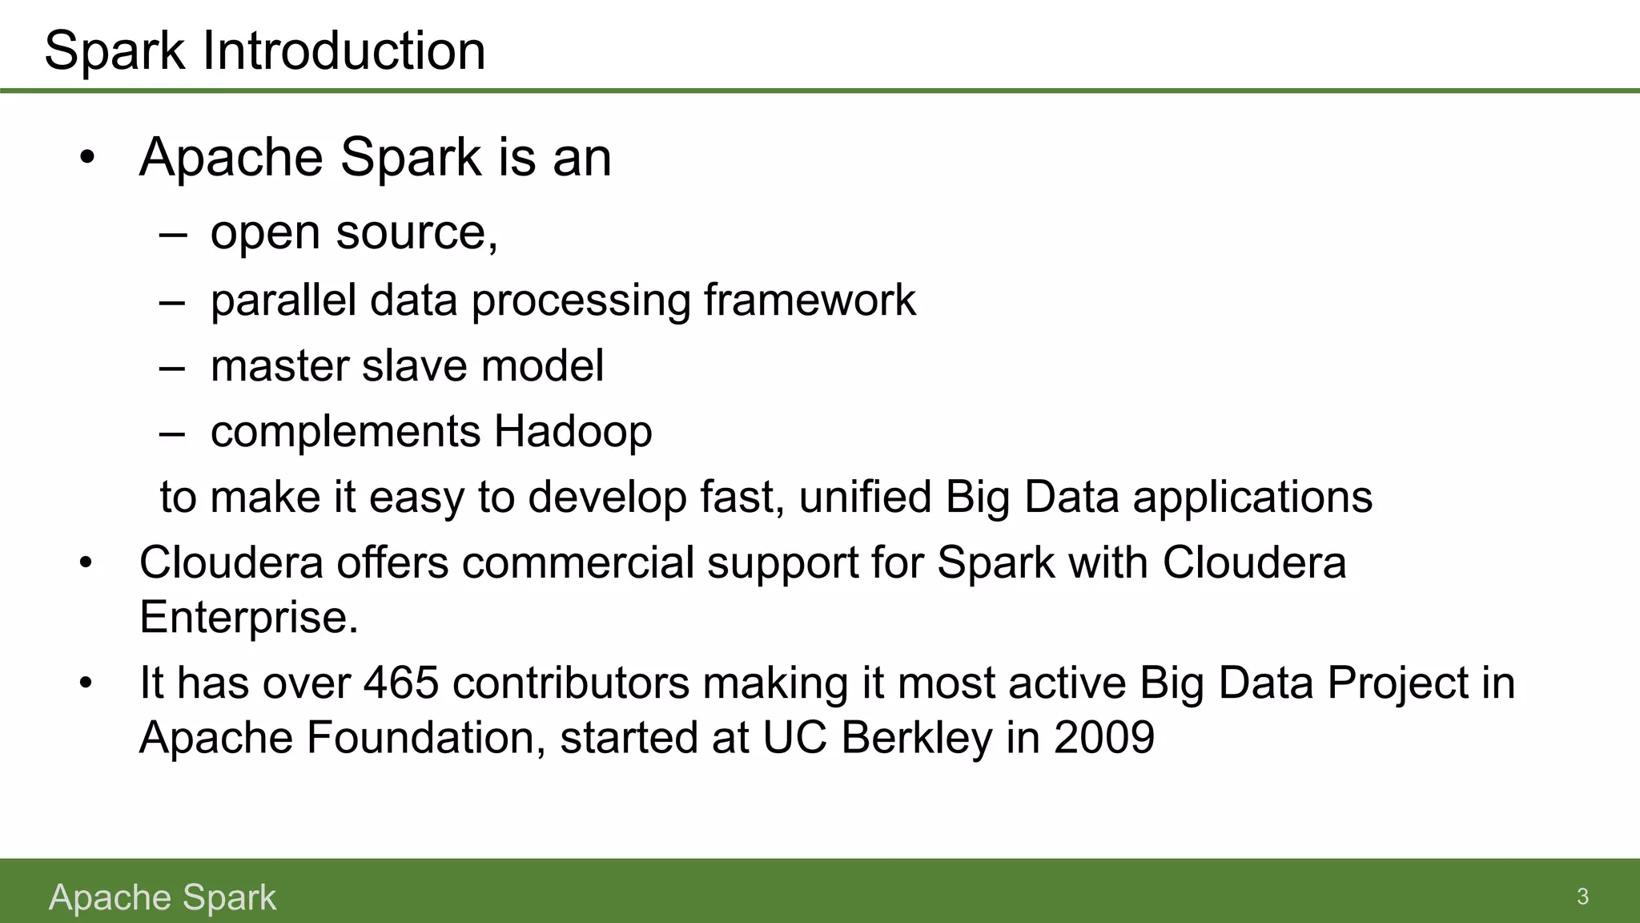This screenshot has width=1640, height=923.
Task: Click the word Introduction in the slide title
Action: (x=344, y=50)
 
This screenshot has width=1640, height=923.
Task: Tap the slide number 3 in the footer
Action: (x=1582, y=896)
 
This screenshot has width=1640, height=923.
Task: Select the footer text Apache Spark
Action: (x=162, y=897)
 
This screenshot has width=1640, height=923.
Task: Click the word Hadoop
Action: (x=573, y=431)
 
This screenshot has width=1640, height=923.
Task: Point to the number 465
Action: (x=401, y=683)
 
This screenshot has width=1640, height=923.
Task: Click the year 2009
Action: (x=1104, y=737)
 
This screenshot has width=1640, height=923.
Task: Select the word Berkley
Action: (x=916, y=737)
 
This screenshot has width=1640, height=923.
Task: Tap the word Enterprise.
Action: (x=248, y=617)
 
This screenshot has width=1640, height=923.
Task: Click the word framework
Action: (x=810, y=300)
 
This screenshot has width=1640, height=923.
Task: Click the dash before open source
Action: (x=173, y=235)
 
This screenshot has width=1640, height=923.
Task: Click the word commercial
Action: (x=577, y=562)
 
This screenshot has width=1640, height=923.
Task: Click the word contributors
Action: (x=570, y=683)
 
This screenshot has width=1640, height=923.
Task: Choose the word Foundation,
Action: (x=426, y=737)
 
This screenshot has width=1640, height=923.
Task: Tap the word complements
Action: (x=345, y=433)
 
